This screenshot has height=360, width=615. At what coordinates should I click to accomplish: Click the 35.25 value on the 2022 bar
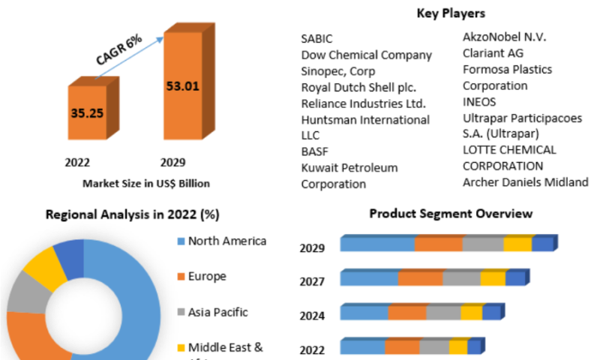(86, 114)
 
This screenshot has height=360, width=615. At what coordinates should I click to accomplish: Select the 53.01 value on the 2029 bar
(182, 85)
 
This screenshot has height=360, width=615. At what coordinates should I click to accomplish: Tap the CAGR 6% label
(119, 50)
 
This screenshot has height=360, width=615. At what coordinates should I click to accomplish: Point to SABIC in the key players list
(316, 39)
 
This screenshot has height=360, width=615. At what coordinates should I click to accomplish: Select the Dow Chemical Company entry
(366, 55)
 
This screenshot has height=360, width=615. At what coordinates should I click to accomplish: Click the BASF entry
(315, 151)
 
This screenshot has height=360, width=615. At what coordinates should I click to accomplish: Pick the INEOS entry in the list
(479, 102)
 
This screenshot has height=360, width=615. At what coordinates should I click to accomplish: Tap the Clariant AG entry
(493, 53)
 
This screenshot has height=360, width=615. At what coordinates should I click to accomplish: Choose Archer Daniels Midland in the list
(525, 182)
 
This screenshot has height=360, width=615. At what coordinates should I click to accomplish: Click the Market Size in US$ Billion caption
(146, 183)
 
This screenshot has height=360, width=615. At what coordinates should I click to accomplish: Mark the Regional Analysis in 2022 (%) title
(133, 214)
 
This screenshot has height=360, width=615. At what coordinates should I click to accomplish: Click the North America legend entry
(226, 241)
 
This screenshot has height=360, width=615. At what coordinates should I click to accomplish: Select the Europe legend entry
(207, 276)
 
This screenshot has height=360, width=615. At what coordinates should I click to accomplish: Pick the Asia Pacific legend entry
(217, 312)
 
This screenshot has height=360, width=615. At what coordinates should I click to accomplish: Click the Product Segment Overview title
(451, 214)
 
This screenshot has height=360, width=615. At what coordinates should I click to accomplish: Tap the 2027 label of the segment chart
(312, 282)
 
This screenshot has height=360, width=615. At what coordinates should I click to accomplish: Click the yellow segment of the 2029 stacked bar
(517, 244)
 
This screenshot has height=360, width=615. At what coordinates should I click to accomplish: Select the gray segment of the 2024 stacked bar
(443, 313)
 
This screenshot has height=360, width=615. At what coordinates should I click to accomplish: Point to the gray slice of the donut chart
(26, 291)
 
